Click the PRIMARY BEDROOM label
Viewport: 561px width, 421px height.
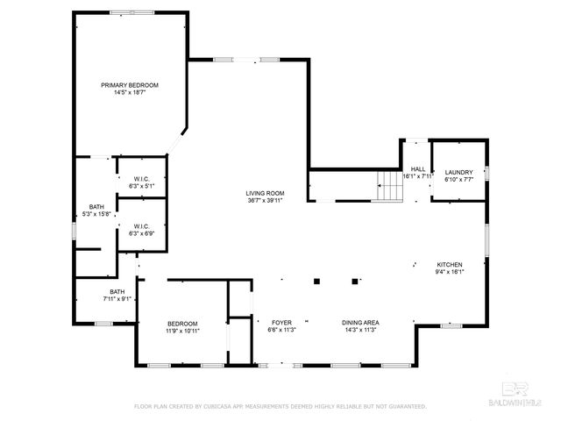[130, 85]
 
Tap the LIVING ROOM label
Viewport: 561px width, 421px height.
[264, 193]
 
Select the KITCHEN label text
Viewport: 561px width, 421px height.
[450, 264]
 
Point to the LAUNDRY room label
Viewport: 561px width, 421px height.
[458, 172]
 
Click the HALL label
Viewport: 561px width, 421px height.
[418, 168]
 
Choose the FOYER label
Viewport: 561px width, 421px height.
[281, 323]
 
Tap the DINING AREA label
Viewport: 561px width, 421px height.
[360, 323]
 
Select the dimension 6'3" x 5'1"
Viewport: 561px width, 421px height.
[142, 186]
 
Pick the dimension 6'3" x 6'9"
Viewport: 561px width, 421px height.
[142, 234]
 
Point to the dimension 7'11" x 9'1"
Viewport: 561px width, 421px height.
[117, 299]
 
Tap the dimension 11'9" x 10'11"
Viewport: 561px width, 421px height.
[182, 331]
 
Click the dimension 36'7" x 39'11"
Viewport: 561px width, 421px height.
[264, 200]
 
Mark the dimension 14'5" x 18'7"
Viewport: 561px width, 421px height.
[130, 92]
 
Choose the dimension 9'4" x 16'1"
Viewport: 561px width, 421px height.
[450, 272]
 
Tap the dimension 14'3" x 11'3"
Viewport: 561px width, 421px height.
[360, 331]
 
